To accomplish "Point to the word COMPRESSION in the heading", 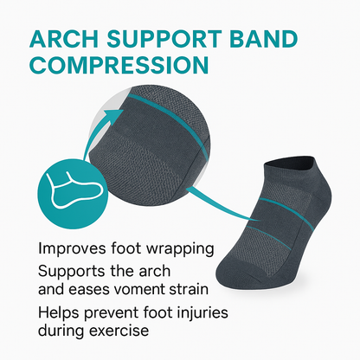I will pos(118,65).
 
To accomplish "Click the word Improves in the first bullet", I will pos(73,249).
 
